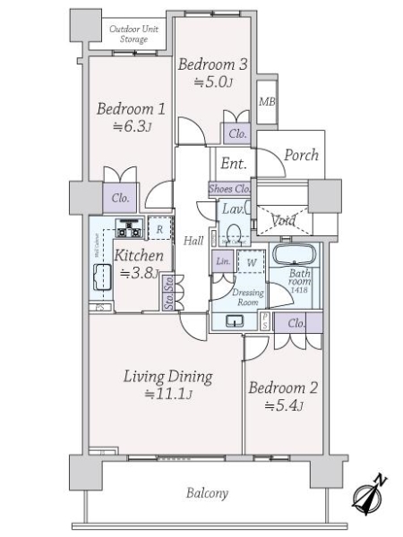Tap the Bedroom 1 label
coord(132,109)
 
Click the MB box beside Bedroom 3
coord(266,102)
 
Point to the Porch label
coord(301,155)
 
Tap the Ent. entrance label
coord(233,163)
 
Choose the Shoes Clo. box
coord(229,189)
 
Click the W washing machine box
coord(252,262)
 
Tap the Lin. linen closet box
coord(222,260)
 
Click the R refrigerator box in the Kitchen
coord(159,229)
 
